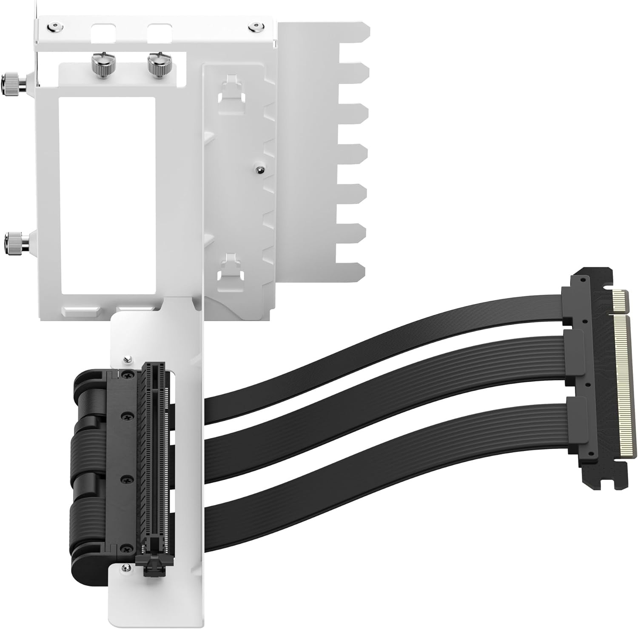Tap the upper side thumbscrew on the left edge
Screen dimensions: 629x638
coord(14,81)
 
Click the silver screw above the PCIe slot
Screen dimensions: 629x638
coord(126,360)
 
